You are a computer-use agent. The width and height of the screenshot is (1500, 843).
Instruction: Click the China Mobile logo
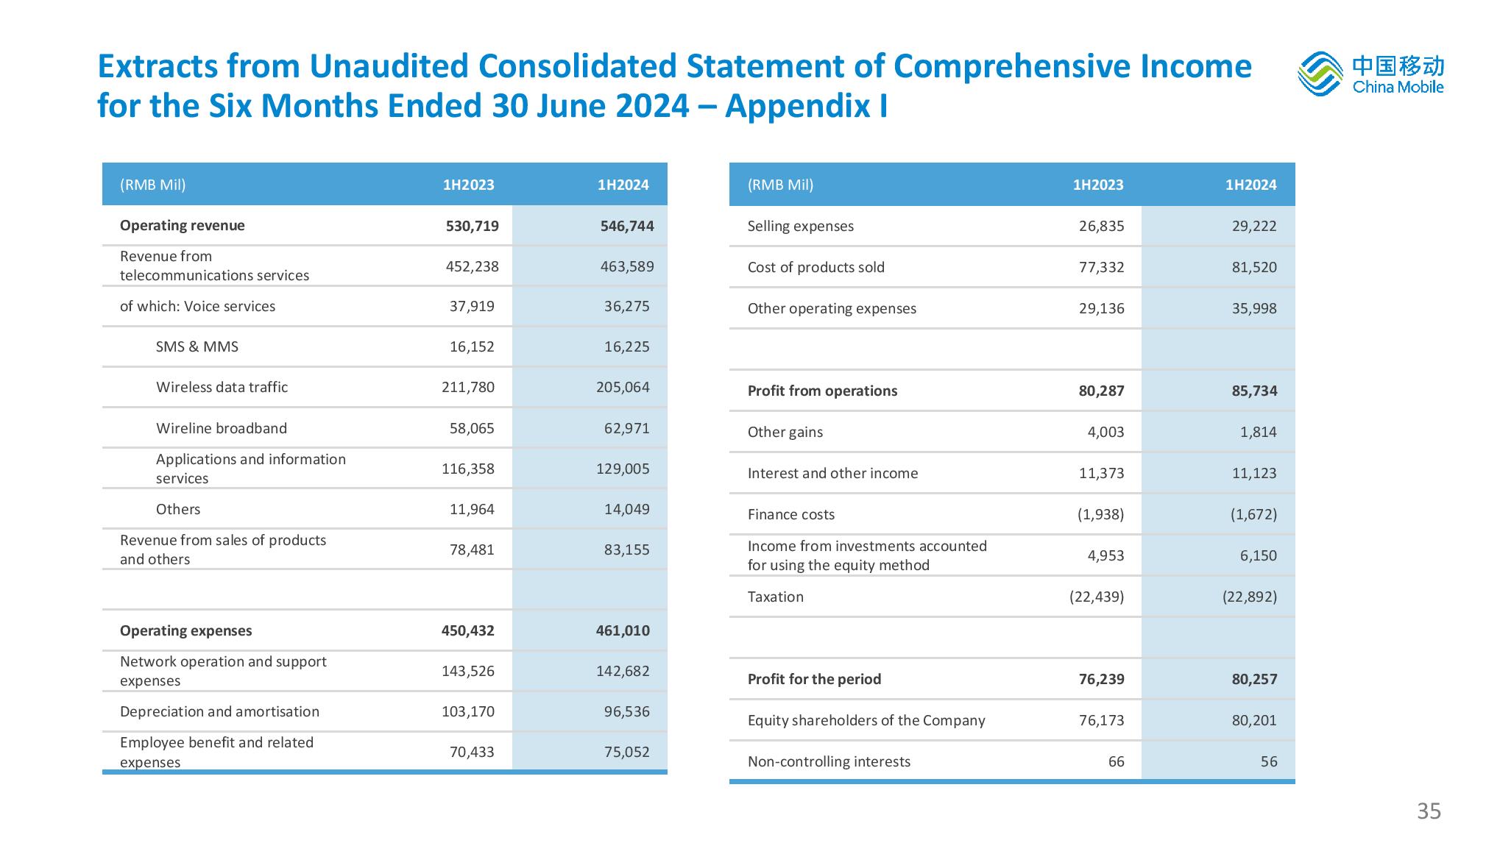pos(1370,74)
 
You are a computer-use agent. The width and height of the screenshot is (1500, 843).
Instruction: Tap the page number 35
pos(1429,811)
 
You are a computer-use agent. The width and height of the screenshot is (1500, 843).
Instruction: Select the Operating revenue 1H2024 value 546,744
pos(627,226)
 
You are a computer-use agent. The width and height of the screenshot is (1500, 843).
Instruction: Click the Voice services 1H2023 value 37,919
pos(472,306)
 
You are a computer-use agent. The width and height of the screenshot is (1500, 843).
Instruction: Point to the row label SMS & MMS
pos(197,346)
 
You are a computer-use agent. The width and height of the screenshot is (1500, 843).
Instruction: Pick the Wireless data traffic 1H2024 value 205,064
pos(623,387)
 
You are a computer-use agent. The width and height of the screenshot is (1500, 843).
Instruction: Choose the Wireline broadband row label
pos(222,428)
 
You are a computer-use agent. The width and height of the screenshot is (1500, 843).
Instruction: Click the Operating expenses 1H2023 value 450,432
pos(468,630)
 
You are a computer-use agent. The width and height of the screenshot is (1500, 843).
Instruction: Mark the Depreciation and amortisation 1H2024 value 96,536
pos(627,711)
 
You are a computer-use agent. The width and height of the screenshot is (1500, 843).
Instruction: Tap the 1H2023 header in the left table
pos(469,185)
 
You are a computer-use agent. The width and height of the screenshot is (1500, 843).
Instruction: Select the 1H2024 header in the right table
pos(1251,185)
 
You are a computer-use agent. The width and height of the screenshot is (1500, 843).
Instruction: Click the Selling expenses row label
pos(801,226)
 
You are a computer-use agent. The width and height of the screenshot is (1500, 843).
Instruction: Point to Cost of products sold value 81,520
pos(1254,267)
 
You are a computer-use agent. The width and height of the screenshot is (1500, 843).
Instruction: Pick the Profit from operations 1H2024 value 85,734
pos(1254,391)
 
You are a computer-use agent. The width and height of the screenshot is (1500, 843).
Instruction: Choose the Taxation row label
pos(776,597)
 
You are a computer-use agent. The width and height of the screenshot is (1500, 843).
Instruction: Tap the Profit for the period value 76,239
pos(1102,679)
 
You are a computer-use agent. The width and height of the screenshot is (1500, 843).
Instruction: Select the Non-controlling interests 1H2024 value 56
pos(1269,761)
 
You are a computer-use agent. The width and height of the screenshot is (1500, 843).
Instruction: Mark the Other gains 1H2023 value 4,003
pos(1106,432)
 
